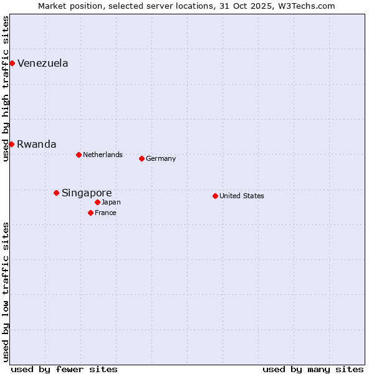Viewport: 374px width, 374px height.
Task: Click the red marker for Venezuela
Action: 12,63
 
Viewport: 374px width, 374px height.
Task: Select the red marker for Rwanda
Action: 11,144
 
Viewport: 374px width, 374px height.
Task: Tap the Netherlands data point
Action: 79,155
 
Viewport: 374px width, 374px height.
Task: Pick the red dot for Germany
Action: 141,158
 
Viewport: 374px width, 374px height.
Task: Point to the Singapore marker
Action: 56,193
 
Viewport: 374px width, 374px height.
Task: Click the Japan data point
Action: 97,202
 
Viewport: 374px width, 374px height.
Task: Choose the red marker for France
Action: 90,213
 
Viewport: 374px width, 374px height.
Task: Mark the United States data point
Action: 215,196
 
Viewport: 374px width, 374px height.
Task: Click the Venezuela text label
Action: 42,63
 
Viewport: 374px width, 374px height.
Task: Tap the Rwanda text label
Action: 36,144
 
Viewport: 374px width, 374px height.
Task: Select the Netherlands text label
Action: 102,155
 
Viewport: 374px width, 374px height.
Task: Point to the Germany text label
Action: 161,158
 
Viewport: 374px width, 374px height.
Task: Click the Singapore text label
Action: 87,193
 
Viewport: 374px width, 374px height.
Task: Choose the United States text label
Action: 241,196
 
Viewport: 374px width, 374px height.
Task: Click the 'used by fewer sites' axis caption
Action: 64,369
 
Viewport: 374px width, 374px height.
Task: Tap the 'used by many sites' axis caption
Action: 313,369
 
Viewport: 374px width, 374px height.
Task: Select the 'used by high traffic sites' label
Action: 6,89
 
